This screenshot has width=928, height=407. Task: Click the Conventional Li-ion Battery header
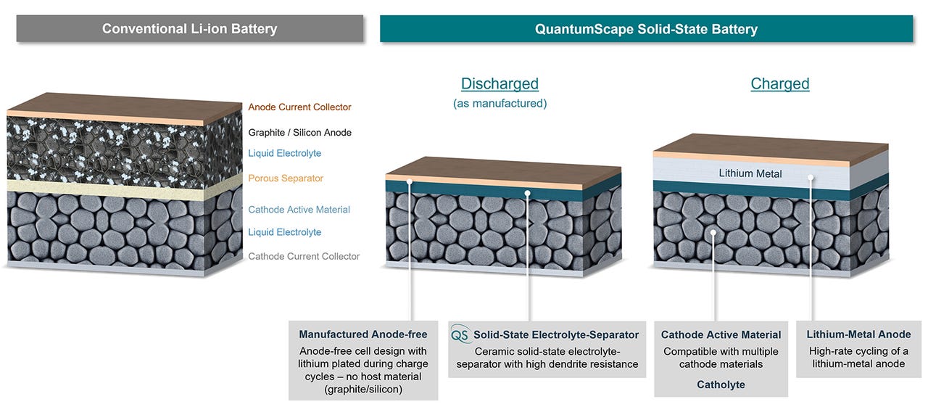[x=189, y=29]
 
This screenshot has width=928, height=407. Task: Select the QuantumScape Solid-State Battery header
[x=646, y=29]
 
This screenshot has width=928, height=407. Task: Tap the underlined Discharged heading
[x=500, y=83]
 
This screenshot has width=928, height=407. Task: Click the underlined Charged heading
[x=779, y=83]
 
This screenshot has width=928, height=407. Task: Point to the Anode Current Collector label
[x=299, y=107]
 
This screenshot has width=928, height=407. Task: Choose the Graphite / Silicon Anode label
[x=299, y=133]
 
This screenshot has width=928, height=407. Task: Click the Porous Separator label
[x=286, y=178]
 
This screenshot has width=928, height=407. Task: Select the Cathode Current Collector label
[x=304, y=256]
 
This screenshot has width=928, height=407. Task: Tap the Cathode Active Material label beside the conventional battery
[x=299, y=210]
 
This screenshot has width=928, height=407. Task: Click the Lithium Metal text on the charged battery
[x=745, y=173]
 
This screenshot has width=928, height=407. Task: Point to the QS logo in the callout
[x=460, y=335]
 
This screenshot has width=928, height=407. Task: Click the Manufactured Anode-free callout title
[x=363, y=334]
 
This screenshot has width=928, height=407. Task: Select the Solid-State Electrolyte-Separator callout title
[x=556, y=335]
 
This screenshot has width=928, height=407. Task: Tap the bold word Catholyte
[x=721, y=385]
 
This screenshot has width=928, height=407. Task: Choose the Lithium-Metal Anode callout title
[x=858, y=334]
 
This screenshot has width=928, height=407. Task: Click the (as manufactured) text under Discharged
[x=500, y=104]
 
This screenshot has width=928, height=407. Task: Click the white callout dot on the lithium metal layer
[x=811, y=176]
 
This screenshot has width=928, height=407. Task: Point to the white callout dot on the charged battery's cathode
[x=714, y=233]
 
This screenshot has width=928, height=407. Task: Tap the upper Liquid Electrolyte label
[x=284, y=153]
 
